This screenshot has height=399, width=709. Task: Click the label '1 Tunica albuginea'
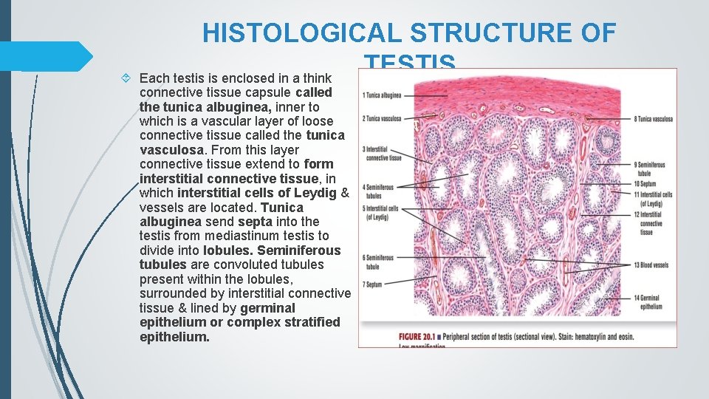(382, 95)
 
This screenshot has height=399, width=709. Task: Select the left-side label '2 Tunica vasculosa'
(382, 118)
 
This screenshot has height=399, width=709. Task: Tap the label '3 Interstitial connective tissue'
(382, 154)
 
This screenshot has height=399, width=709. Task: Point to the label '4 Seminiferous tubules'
(379, 191)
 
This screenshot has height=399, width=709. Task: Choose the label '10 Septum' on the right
(647, 183)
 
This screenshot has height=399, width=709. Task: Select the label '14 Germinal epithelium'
(648, 301)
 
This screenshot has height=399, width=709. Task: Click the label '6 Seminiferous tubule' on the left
(379, 262)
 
